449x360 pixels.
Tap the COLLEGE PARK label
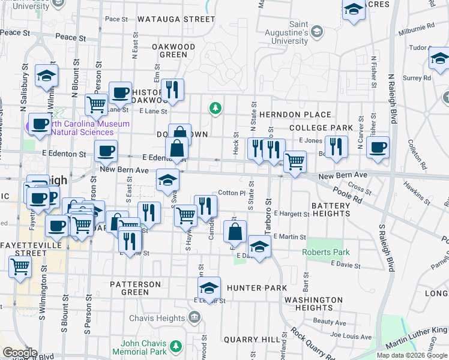pyautogui.click(x=321, y=128)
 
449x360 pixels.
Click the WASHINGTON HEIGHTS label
pyautogui.click(x=313, y=304)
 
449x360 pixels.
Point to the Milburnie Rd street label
pyautogui.click(x=418, y=27)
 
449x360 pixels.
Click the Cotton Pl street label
pyautogui.click(x=232, y=193)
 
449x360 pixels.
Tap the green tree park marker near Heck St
pyautogui.click(x=215, y=109)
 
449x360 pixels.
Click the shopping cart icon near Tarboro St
pyautogui.click(x=294, y=161)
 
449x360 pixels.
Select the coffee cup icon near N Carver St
pyautogui.click(x=378, y=148)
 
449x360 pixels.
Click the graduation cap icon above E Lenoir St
pyautogui.click(x=209, y=287)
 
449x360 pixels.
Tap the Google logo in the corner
pyautogui.click(x=20, y=353)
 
